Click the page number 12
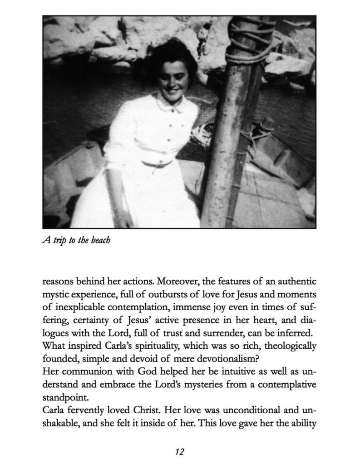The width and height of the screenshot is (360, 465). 179,451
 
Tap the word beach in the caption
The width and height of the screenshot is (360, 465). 100,240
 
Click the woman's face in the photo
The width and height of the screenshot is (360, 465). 172,79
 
